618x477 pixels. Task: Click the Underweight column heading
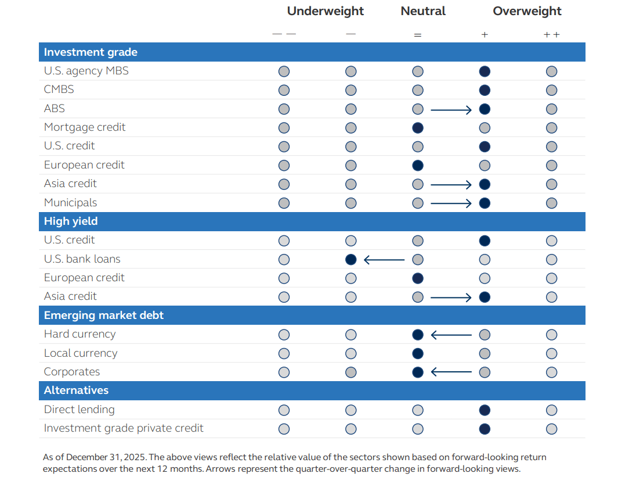click(x=325, y=11)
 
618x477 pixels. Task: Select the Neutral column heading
click(x=423, y=11)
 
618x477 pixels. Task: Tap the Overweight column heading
click(x=527, y=11)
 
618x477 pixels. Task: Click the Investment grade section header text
click(x=91, y=52)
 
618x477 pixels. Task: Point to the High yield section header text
click(x=71, y=221)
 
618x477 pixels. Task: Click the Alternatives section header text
click(x=76, y=390)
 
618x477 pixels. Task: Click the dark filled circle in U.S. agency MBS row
click(x=485, y=71)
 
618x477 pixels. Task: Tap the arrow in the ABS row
click(x=451, y=109)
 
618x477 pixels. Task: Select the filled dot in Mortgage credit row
click(x=418, y=128)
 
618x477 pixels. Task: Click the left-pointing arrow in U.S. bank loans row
click(x=384, y=260)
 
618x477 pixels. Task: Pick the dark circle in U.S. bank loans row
click(x=350, y=260)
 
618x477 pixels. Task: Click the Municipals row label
click(x=70, y=203)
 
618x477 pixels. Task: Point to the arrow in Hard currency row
click(x=451, y=335)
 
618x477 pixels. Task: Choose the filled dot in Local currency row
click(x=418, y=353)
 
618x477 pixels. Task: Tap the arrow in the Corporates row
click(x=451, y=372)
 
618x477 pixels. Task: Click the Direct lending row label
click(x=79, y=410)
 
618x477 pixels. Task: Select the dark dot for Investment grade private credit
click(x=485, y=429)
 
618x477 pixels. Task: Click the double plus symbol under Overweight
click(x=551, y=35)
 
